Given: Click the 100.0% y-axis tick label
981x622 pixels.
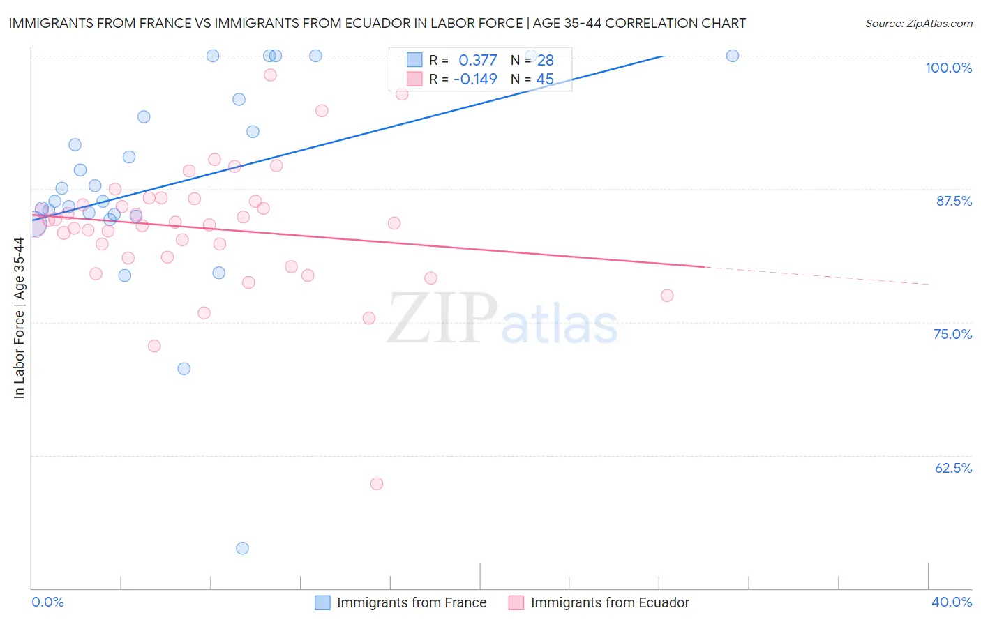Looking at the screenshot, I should tap(948, 68).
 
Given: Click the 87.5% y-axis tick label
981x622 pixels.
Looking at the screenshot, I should tap(954, 201).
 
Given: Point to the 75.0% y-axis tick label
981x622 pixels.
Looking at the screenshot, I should tap(952, 334).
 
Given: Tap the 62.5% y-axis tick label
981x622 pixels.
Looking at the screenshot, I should tap(953, 468).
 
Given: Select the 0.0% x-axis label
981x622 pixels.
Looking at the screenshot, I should tap(47, 602).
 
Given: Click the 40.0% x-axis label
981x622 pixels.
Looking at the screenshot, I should tap(951, 602).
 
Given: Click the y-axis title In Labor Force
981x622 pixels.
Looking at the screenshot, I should tap(19, 318).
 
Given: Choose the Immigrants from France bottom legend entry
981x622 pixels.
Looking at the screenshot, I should tap(411, 603).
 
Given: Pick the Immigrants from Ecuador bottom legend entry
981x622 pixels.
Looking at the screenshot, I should tap(609, 603).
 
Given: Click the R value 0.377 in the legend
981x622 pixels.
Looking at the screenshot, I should tap(477, 61).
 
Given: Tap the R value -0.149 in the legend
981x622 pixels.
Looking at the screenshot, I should tap(475, 79).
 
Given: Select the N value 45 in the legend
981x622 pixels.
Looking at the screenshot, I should tap(544, 79).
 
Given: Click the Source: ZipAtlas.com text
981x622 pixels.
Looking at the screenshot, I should tap(918, 24).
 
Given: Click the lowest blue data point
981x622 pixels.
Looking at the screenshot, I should tap(242, 548).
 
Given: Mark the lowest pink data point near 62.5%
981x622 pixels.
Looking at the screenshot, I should tap(377, 484).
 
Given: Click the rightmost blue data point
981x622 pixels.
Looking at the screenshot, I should tap(733, 56).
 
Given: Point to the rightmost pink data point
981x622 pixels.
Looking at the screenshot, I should tap(667, 296).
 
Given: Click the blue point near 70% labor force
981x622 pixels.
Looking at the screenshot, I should tap(184, 369).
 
